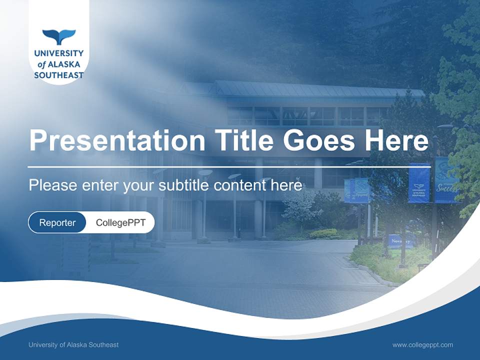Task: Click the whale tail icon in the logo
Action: (59, 36)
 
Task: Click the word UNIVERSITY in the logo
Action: (59, 53)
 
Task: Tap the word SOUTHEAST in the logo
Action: (59, 75)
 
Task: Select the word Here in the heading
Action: (396, 140)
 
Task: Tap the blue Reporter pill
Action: (57, 222)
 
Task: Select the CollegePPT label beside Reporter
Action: (120, 222)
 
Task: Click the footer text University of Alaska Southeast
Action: (73, 344)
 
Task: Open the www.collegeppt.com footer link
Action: (422, 344)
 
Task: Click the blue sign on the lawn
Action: (401, 241)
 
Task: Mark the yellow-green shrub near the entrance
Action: (323, 233)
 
